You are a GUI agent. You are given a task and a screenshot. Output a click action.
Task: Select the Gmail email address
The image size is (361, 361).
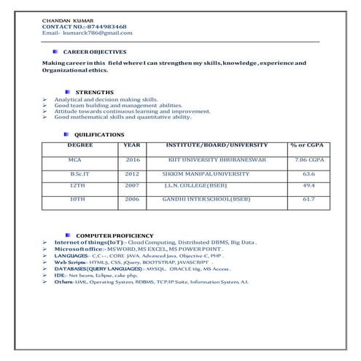[98, 33]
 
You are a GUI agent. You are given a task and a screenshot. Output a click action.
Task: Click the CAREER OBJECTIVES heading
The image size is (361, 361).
[95, 53]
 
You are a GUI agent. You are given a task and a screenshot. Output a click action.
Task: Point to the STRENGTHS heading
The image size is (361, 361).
[95, 92]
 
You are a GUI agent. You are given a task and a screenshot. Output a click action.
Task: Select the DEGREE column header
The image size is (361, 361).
[80, 145]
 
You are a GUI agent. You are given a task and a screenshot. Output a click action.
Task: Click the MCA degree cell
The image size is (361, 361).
[75, 159]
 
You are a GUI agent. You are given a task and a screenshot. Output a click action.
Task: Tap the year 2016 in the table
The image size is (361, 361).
[132, 159]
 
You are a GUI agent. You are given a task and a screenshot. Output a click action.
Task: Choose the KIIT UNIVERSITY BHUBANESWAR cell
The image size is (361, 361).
[217, 159]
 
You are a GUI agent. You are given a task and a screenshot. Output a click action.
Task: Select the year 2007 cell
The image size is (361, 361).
[132, 186]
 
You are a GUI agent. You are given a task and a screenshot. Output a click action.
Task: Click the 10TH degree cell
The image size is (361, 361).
[77, 198]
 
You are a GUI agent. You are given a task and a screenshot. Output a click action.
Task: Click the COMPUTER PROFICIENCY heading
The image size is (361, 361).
[115, 236]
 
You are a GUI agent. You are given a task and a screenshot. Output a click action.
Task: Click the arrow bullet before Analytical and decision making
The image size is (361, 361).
[45, 99]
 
